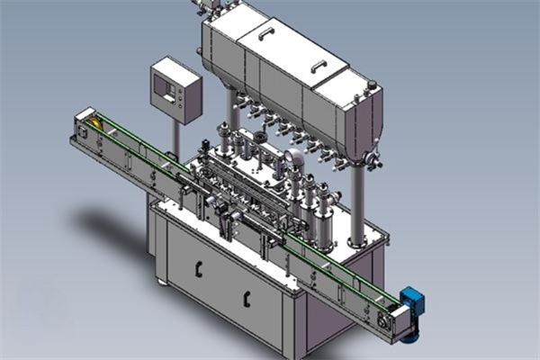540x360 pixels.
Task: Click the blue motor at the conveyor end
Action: pyautogui.click(x=411, y=301)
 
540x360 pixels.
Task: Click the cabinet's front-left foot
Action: pyautogui.click(x=163, y=282)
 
